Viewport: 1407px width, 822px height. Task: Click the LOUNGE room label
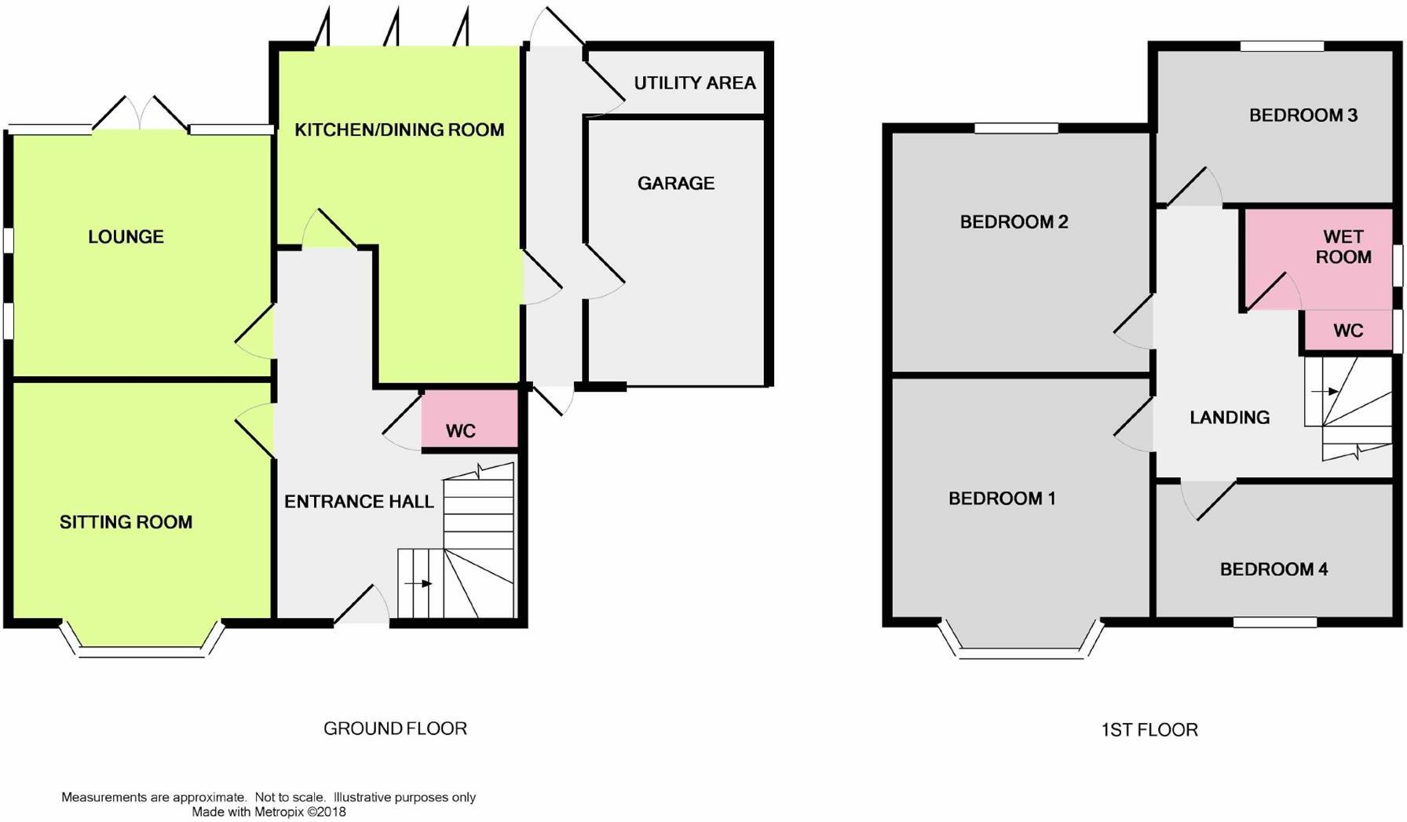pyautogui.click(x=126, y=236)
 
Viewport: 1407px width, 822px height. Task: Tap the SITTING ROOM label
pyautogui.click(x=126, y=522)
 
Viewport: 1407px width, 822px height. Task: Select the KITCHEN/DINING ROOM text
pyautogui.click(x=399, y=130)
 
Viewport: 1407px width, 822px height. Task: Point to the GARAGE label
pyautogui.click(x=675, y=183)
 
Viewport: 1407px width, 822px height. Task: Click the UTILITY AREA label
pyautogui.click(x=694, y=82)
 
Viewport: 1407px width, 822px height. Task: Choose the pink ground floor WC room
pyautogui.click(x=470, y=420)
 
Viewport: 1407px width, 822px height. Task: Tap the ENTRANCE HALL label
pyautogui.click(x=359, y=502)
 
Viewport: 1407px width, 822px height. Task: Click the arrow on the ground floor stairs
pyautogui.click(x=418, y=583)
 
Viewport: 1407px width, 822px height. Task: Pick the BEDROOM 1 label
pyautogui.click(x=1002, y=498)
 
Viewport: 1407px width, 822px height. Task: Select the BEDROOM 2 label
pyautogui.click(x=1014, y=221)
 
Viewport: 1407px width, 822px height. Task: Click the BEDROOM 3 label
pyautogui.click(x=1303, y=115)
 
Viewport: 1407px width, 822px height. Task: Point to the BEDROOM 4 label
pyautogui.click(x=1274, y=569)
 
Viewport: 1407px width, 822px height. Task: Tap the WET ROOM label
pyautogui.click(x=1343, y=247)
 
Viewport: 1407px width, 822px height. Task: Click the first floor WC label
pyautogui.click(x=1348, y=331)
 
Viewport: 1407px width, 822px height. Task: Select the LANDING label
pyautogui.click(x=1229, y=417)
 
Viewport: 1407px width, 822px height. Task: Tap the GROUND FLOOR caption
pyautogui.click(x=395, y=729)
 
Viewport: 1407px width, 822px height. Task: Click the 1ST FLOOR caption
pyautogui.click(x=1149, y=730)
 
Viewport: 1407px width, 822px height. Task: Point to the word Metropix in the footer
pyautogui.click(x=279, y=812)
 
